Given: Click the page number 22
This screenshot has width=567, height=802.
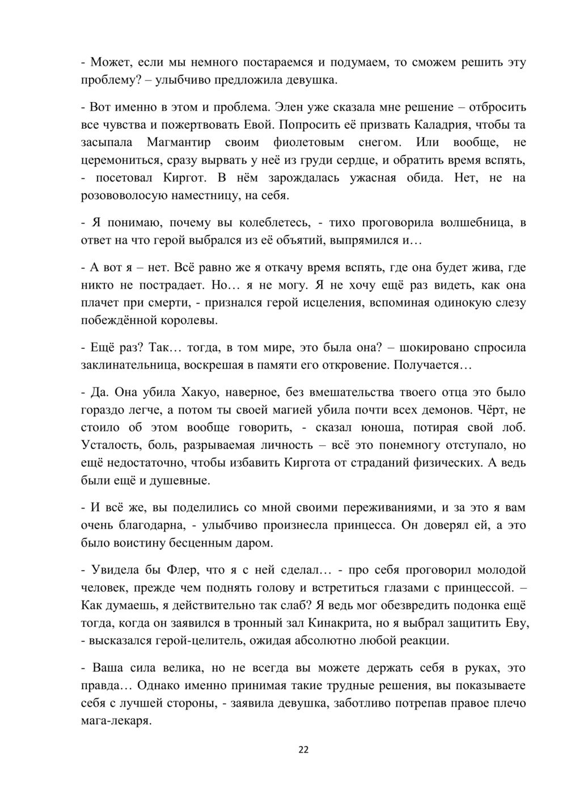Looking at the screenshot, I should (x=303, y=750).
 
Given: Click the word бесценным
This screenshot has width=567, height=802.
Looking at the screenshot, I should (x=201, y=543).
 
